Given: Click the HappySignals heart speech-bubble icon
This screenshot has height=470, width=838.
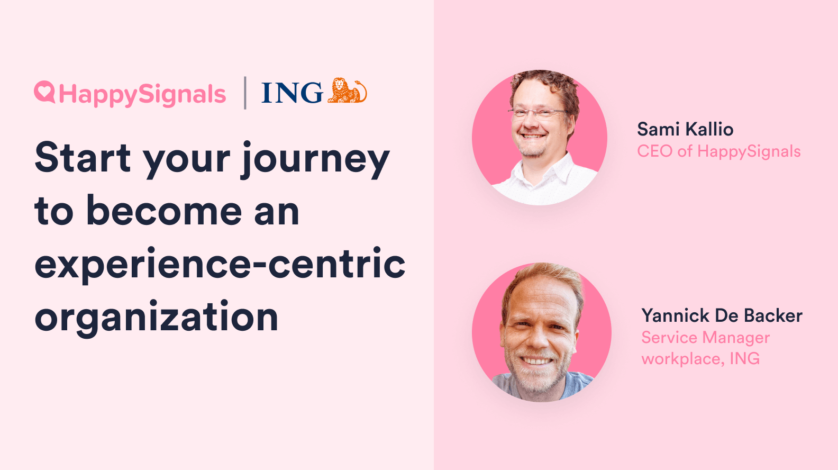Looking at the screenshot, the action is click(44, 92).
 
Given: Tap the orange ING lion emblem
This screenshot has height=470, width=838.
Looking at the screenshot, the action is click(347, 90).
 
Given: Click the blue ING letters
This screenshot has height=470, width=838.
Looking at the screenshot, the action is click(292, 93).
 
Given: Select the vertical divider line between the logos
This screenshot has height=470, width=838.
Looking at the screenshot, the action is click(245, 93).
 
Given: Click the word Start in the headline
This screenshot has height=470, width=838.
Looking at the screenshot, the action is click(83, 158).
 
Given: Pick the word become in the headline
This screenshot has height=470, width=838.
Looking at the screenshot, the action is click(164, 210).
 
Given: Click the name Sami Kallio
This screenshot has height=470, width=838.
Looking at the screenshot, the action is click(685, 129).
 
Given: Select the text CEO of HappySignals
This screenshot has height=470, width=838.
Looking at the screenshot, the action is click(718, 151).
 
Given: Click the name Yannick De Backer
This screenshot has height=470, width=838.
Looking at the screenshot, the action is click(722, 315).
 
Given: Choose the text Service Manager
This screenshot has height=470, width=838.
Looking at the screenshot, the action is click(706, 338).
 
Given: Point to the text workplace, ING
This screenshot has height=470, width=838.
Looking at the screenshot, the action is click(700, 359).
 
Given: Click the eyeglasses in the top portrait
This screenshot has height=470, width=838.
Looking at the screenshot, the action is click(539, 112).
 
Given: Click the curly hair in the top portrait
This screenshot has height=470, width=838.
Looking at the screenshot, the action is click(544, 84).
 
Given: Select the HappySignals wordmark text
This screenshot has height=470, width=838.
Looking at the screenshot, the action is click(142, 94).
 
